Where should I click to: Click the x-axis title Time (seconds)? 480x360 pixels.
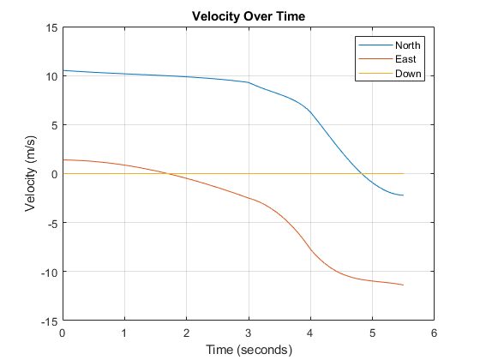[x=248, y=350]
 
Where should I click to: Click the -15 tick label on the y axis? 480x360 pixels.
[x=49, y=321]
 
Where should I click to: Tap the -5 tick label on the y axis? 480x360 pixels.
[x=51, y=223]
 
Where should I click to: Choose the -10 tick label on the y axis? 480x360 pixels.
[x=49, y=273]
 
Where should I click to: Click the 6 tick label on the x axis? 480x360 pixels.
[x=434, y=333]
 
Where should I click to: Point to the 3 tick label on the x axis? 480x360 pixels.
[x=249, y=333]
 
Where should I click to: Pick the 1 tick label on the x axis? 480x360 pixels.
[x=124, y=333]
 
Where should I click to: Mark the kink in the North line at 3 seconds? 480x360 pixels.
[x=249, y=82]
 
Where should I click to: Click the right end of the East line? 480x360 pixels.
[x=403, y=285]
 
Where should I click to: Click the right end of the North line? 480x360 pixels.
[x=403, y=195]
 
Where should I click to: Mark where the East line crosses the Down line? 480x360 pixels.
[x=166, y=174]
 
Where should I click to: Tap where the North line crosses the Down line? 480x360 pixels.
[x=362, y=174]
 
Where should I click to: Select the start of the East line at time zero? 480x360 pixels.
[x=63, y=159]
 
